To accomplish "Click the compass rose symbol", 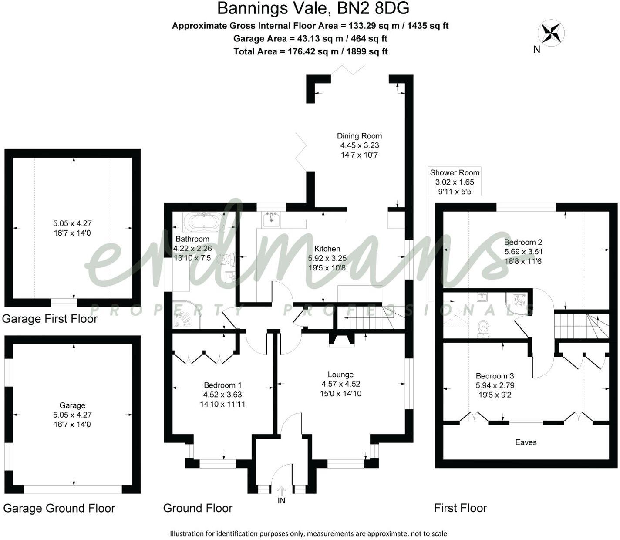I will pos(551,33).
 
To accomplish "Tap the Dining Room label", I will pos(359,136).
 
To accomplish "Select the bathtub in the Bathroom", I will pos(204,222).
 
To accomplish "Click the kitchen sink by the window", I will pos(272,218).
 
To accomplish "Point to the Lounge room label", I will pos(340,375).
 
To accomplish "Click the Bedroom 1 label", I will pos(222,385).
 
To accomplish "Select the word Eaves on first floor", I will pos(526,442).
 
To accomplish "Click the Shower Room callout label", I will pos(455,172).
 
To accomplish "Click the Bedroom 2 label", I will pos(523,242).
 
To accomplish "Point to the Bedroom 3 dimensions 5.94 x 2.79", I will pos(495,385).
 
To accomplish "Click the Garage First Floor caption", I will pos(50,319).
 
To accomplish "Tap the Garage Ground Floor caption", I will pos(59,508).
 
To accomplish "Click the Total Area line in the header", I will pos(310,51).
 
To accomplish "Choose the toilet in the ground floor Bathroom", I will pos(226,260).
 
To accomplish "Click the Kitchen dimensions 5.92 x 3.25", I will pos(327,258).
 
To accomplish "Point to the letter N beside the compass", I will pos(537,50).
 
